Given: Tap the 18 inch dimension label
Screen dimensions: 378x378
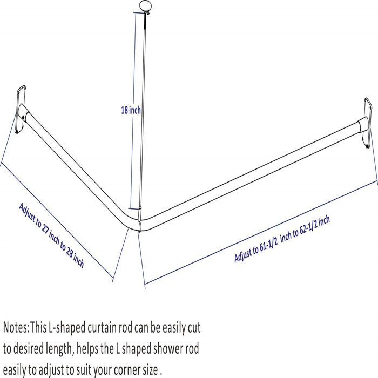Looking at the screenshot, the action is point(131,110).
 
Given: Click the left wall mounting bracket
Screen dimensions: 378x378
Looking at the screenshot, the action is point(21,110).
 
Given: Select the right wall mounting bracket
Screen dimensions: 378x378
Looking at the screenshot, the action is point(368,123).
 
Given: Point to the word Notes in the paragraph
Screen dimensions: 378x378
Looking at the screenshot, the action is point(16,328).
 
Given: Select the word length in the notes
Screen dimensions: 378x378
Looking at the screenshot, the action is point(58,349).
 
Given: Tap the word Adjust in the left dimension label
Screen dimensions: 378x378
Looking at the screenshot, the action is point(27,212).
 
